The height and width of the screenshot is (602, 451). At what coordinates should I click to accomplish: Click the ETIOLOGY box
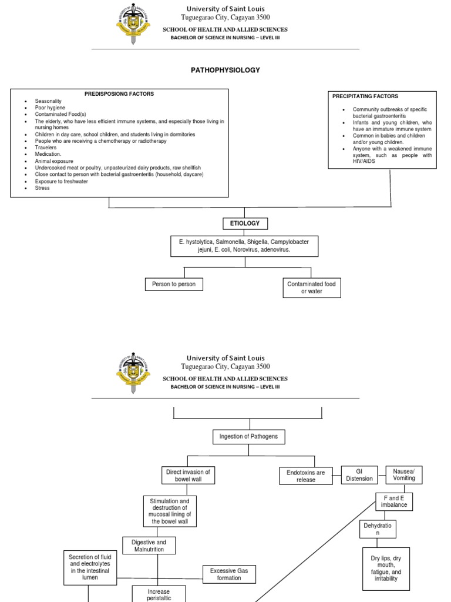click(x=245, y=223)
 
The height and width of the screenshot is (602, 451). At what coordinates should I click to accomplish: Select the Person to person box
click(x=174, y=285)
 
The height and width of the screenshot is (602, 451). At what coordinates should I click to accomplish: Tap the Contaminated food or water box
click(x=311, y=287)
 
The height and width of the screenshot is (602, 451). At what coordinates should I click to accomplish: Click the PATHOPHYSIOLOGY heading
click(x=225, y=70)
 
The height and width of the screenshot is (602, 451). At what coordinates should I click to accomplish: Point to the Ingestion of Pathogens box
click(x=244, y=436)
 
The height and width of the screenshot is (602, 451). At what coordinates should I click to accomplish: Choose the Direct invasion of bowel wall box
click(x=188, y=475)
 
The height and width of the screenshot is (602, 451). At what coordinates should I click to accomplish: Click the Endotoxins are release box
click(x=305, y=476)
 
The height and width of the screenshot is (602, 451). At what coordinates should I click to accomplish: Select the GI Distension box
click(x=359, y=474)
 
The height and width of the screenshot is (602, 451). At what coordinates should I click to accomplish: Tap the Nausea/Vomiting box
click(x=404, y=474)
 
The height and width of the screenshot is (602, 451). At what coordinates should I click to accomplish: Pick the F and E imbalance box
click(x=393, y=501)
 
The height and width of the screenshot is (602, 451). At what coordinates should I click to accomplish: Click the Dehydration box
click(x=378, y=529)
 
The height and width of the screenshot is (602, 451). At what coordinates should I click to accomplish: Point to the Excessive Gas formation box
click(x=229, y=574)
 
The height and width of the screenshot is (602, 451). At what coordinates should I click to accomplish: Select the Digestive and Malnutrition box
click(x=149, y=546)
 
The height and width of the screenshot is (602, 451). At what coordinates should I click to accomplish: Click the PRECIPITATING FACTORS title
click(x=365, y=96)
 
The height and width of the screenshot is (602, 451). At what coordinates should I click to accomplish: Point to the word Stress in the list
click(x=42, y=188)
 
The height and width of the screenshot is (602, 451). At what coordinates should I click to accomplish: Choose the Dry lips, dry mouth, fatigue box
click(x=386, y=568)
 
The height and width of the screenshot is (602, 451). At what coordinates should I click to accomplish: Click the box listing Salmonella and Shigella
click(x=244, y=246)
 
